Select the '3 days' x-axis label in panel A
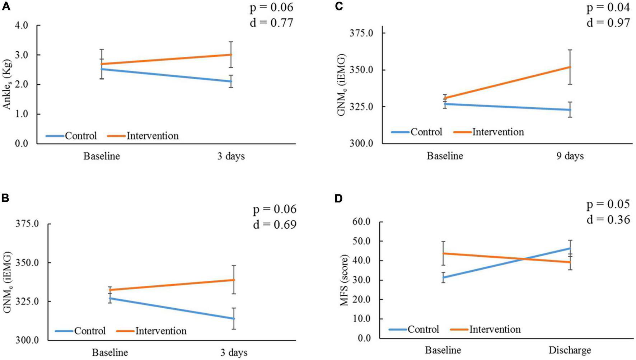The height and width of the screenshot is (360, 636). [x=230, y=156]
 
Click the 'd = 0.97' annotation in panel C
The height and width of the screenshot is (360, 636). [x=608, y=23]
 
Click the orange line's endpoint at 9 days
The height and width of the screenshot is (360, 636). [x=570, y=67]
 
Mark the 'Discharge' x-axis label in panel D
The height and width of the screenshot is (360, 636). [x=570, y=350]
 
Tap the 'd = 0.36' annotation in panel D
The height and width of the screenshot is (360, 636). [x=608, y=219]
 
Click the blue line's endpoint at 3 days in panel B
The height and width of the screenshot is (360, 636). [x=234, y=318]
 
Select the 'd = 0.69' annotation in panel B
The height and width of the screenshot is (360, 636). [x=275, y=225]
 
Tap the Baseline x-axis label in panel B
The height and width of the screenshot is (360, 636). [x=110, y=352]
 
